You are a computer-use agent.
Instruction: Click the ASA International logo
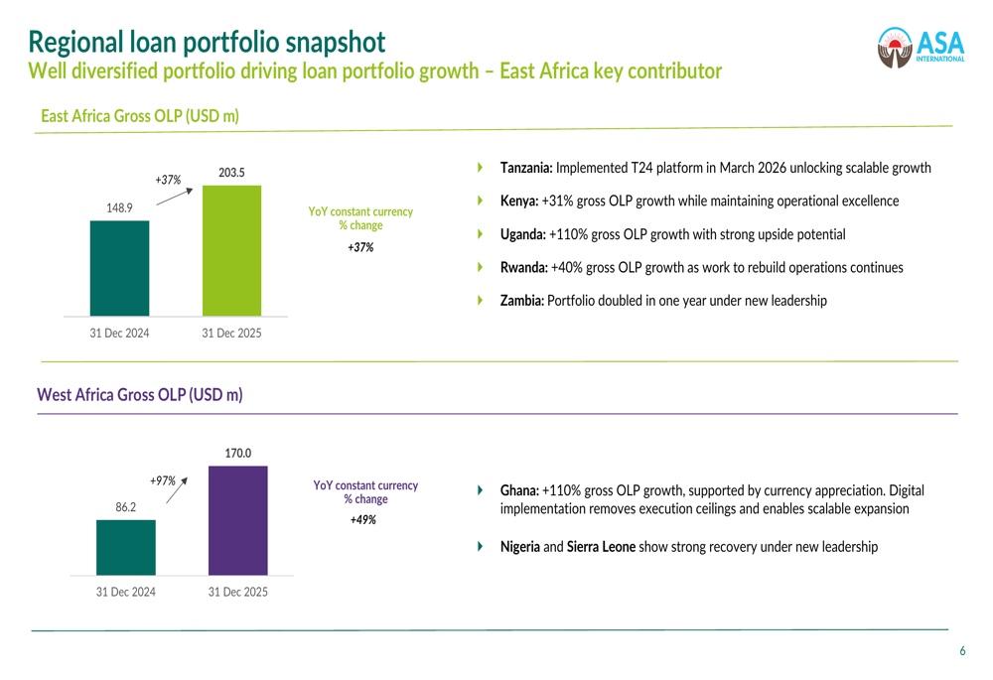pos(921,48)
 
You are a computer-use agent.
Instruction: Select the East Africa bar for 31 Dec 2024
pos(119,268)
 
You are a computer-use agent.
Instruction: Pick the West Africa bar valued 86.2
pos(125,547)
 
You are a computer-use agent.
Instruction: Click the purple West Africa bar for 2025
pos(237,520)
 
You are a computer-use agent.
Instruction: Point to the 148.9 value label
pos(119,207)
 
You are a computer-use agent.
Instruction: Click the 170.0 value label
pos(237,453)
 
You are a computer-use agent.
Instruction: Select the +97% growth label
pos(163,480)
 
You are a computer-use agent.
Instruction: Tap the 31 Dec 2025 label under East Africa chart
pos(231,334)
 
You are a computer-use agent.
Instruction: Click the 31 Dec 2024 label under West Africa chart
pos(125,592)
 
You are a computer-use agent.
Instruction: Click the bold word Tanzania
pos(526,168)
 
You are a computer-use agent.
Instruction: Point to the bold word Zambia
pos(522,301)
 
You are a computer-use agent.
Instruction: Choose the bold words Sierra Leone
pos(601,547)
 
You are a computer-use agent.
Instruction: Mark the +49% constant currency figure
pos(363,519)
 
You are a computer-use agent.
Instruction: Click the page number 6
pos(961,651)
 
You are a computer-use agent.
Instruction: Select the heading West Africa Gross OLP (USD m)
pos(139,395)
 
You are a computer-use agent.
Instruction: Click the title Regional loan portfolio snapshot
pos(207,42)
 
